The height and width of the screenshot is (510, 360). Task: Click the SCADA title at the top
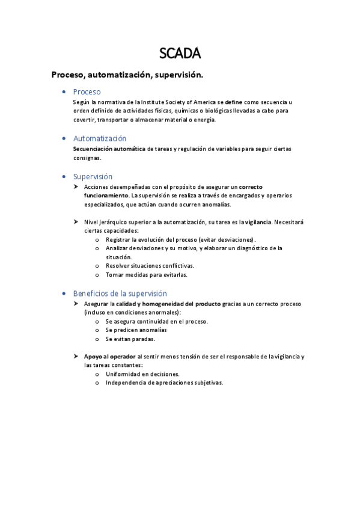[x=180, y=54]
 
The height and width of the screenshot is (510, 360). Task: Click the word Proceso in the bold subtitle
[x=69, y=75]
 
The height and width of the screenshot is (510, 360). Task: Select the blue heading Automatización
[x=100, y=138]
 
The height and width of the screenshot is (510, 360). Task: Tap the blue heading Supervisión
[x=93, y=177]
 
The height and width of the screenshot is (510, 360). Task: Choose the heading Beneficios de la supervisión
[x=120, y=293]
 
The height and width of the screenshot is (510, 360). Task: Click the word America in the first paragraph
[x=202, y=102]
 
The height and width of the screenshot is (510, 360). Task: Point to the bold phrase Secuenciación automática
[x=109, y=149]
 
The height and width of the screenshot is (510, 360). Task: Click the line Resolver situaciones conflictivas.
[x=150, y=265]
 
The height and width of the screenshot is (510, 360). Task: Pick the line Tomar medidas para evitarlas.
[x=146, y=274]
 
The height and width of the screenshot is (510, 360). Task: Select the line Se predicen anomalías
[x=136, y=330]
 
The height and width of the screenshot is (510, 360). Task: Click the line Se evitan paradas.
[x=130, y=339]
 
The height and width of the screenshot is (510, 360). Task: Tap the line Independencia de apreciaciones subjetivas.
[x=164, y=382]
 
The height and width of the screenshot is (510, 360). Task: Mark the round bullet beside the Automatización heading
[x=64, y=139]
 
